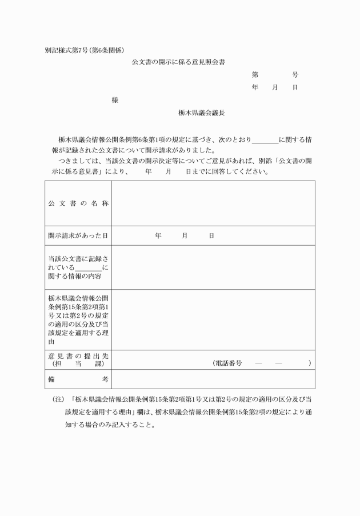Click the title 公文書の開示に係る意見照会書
pos(182,62)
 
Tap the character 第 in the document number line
pos(255,75)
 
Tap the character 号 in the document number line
pos(295,75)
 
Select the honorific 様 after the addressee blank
pos(115,100)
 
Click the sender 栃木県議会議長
pos(201,113)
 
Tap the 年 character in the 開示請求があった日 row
pos(158,235)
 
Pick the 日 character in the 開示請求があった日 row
pos(211,235)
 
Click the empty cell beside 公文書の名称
pos(213,203)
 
